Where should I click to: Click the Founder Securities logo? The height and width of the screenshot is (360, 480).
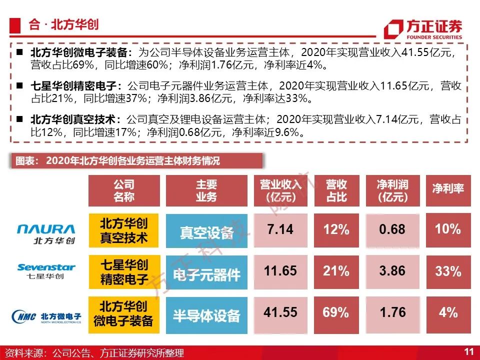(423, 29)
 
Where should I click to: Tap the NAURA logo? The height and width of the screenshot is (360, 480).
(46, 234)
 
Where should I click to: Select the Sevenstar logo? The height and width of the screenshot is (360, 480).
(46, 271)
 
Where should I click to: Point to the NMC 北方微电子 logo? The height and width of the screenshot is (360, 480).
(46, 316)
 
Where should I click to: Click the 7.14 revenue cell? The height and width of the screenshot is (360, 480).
(280, 230)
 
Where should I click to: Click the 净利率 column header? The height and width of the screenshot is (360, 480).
(448, 190)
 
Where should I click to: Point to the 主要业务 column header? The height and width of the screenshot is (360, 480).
(206, 190)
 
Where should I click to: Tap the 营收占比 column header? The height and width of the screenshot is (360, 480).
(336, 190)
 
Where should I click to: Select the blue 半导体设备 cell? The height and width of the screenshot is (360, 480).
(206, 315)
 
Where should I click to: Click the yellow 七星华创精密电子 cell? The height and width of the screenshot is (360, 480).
(124, 272)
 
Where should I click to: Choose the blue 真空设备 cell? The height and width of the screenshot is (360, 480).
(206, 230)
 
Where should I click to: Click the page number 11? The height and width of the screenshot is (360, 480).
(468, 351)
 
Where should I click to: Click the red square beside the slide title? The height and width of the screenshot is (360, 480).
(15, 25)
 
